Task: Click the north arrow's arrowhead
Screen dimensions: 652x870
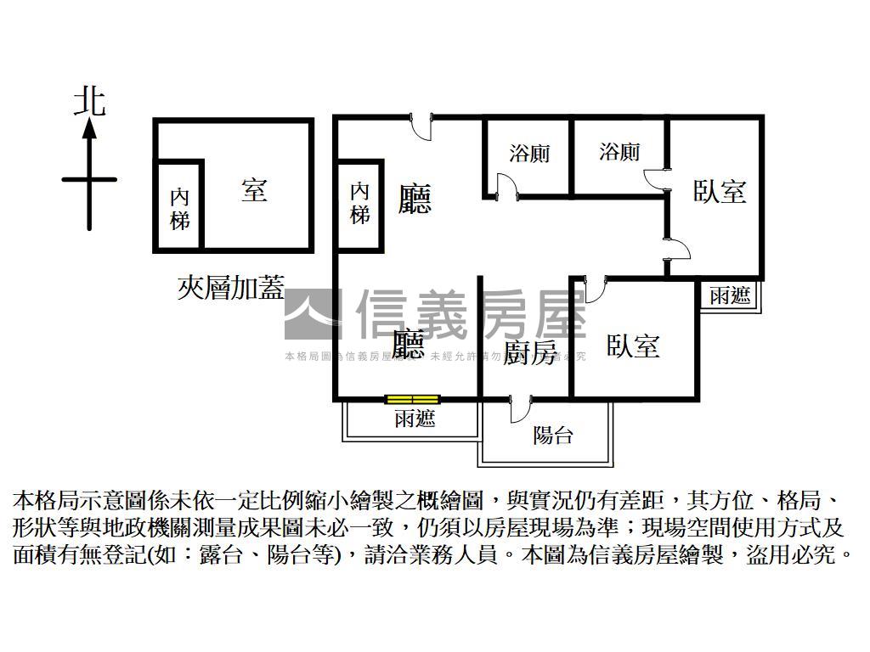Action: [x=89, y=129]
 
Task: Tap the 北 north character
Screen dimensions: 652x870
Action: [x=89, y=101]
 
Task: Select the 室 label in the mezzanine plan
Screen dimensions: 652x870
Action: [x=254, y=189]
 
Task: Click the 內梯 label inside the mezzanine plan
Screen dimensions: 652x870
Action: [x=179, y=208]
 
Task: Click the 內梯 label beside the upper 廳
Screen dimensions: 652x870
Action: [x=359, y=203]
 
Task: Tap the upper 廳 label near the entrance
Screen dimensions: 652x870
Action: [x=415, y=199]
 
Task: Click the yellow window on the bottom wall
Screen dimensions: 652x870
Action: [x=412, y=398]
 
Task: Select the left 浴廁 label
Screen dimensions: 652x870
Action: [x=529, y=154]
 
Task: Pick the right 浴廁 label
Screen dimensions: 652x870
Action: [x=619, y=152]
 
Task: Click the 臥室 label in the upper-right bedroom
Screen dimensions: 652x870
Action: [x=719, y=192]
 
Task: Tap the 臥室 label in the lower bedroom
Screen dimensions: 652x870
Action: [x=633, y=346]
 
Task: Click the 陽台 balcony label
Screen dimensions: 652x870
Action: [x=552, y=436]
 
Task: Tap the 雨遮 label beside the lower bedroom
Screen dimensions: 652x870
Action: [x=730, y=295]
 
